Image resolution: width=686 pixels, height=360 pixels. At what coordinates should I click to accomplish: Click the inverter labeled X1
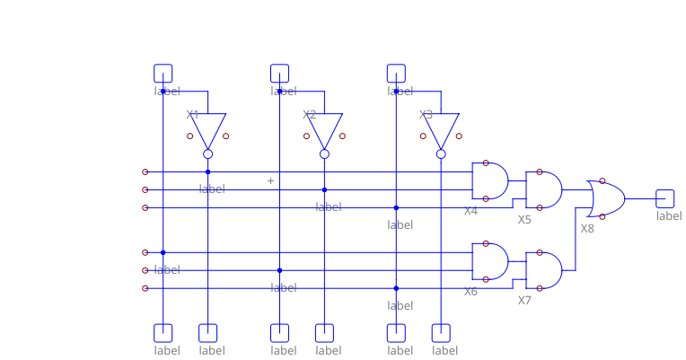click(208, 129)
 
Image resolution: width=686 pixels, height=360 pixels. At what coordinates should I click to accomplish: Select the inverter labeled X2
click(325, 129)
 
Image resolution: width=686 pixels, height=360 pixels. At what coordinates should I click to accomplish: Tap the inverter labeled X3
click(442, 129)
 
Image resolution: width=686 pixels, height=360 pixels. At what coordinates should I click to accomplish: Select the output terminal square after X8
click(665, 198)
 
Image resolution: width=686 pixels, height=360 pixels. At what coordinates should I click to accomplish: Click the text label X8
click(587, 228)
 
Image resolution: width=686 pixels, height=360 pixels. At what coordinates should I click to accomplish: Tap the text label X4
click(471, 211)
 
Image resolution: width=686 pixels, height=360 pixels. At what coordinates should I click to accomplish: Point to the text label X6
click(471, 292)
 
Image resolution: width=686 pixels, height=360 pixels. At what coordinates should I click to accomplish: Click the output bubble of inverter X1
click(208, 154)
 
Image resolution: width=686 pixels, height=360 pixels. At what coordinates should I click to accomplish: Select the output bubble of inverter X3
click(442, 154)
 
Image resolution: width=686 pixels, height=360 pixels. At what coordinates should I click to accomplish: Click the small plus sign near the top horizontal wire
click(270, 180)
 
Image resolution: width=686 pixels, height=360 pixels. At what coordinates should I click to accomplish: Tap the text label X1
click(192, 115)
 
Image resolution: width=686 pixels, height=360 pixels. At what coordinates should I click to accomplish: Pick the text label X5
click(524, 219)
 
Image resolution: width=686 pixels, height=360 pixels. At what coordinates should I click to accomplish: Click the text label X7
click(524, 300)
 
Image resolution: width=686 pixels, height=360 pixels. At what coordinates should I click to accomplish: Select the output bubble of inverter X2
click(325, 154)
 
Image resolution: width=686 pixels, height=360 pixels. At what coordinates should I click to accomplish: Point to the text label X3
click(426, 115)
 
